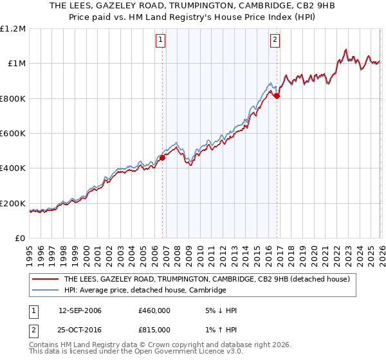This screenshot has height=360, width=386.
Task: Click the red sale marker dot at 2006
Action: (x=162, y=157)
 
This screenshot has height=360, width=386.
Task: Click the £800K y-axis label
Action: (x=12, y=99)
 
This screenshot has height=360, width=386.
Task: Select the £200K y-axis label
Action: (x=12, y=204)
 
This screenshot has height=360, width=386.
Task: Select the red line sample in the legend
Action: (x=46, y=280)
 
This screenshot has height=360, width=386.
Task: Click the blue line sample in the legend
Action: (x=46, y=291)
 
